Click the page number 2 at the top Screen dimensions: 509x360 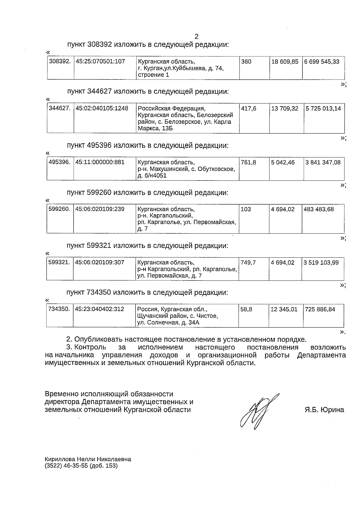[196, 37]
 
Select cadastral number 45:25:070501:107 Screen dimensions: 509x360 [100, 61]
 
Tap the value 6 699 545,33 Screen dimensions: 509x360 [322, 62]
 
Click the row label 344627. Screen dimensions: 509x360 [60, 108]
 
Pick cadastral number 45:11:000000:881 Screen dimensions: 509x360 [100, 162]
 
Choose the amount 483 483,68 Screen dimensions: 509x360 [319, 209]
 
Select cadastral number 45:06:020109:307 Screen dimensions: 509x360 [100, 262]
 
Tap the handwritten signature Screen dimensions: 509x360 [258, 411]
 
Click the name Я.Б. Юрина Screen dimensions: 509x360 [324, 410]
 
